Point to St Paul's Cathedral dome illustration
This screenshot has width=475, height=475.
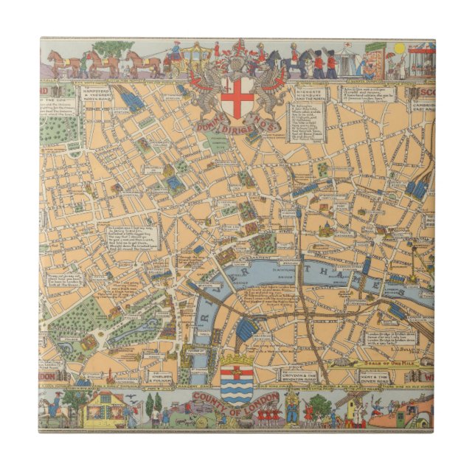(x=325, y=229)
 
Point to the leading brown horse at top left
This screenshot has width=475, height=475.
(x=58, y=60)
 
